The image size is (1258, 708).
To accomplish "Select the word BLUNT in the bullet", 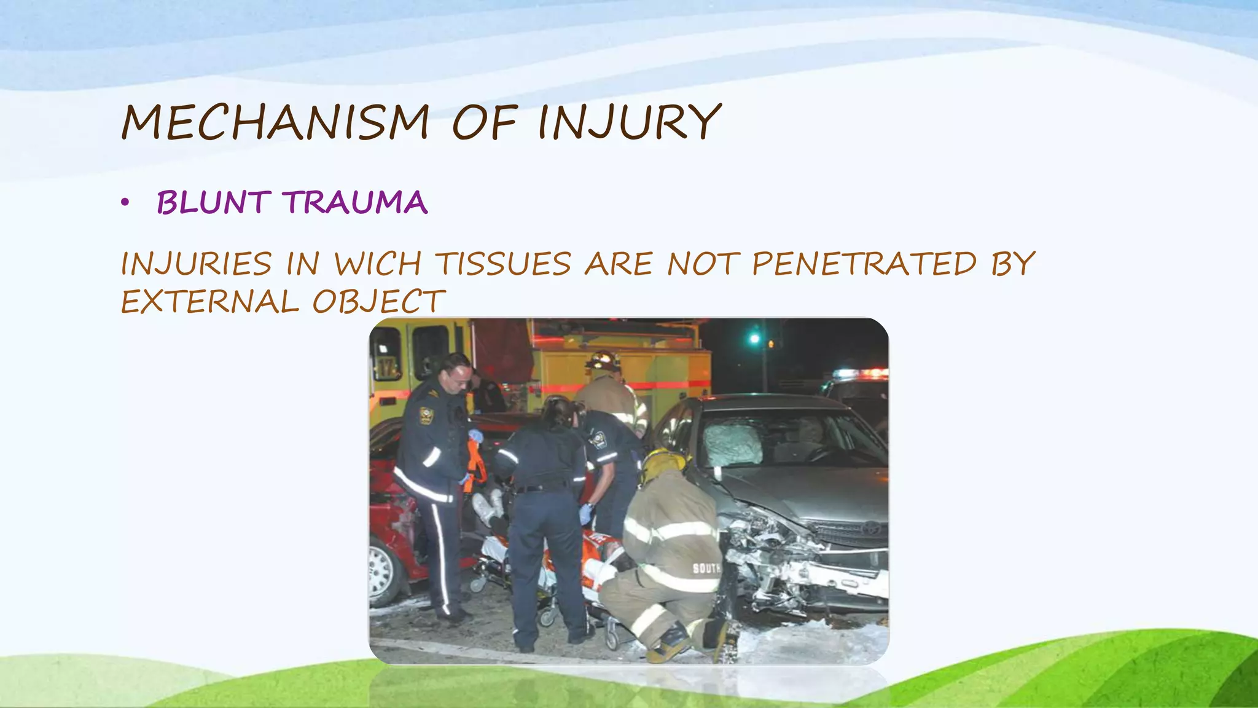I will [x=213, y=203].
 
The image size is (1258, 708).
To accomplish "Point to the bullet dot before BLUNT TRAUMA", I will [x=125, y=203].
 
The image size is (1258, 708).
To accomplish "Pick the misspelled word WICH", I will [x=377, y=264].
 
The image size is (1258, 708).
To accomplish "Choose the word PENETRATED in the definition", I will [x=864, y=264].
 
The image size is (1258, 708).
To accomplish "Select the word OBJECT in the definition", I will [x=378, y=302].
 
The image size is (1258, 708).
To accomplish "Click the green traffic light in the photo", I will [x=755, y=339].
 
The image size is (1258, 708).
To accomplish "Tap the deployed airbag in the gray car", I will [x=732, y=444].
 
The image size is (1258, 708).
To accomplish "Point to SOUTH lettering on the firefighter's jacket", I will [x=706, y=568].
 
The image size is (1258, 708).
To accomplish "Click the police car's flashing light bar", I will [x=860, y=373].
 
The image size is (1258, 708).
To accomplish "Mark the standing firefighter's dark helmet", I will [x=604, y=360].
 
